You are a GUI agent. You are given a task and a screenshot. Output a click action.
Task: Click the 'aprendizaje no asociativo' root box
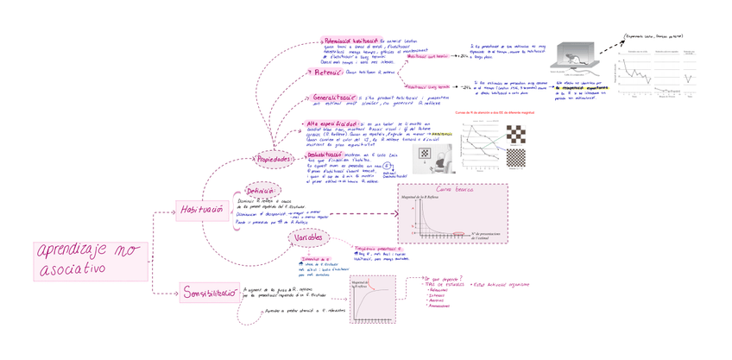[90, 260]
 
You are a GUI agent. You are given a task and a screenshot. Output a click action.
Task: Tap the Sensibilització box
[209, 294]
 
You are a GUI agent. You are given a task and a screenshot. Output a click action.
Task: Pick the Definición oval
[260, 191]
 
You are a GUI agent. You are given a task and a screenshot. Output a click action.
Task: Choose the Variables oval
[309, 237]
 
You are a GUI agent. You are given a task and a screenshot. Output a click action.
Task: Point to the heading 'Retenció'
[330, 73]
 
